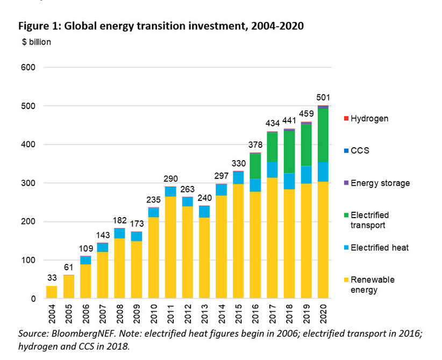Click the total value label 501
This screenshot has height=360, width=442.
[323, 97]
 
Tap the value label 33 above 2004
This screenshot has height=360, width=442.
[52, 278]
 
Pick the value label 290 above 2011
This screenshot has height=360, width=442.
[170, 178]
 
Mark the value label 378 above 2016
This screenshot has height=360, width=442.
[255, 145]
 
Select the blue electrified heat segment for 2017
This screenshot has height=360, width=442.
[272, 170]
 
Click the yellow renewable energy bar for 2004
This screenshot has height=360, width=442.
[52, 292]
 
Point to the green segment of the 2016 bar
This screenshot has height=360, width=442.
[255, 167]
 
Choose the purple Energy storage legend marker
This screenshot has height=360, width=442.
[346, 183]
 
